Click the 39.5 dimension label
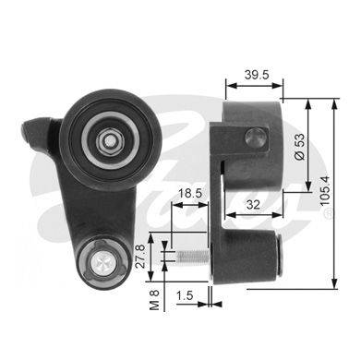pyautogui.click(x=257, y=75)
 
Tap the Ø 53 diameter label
pyautogui.click(x=299, y=147)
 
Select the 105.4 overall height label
pyautogui.click(x=325, y=191)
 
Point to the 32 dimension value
pyautogui.click(x=253, y=204)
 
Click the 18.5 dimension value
pyautogui.click(x=190, y=193)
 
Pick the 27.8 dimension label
pyautogui.click(x=140, y=257)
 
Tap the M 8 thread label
pyautogui.click(x=154, y=299)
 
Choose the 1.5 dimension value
pyautogui.click(x=185, y=295)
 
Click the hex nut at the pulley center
pyautogui.click(x=110, y=141)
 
